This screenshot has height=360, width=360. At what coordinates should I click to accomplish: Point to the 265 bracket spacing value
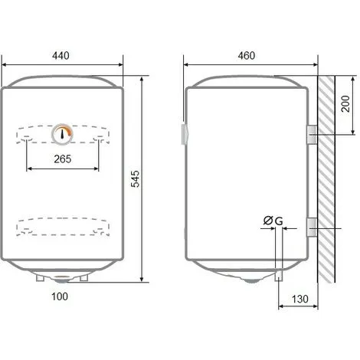coord(63,159)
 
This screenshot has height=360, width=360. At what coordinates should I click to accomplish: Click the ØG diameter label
coord(273,221)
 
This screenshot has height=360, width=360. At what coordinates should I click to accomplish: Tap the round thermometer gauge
coord(63,134)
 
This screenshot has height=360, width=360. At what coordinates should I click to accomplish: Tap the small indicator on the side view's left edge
coord(185,133)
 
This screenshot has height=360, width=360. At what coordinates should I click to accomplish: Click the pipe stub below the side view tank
coord(280,274)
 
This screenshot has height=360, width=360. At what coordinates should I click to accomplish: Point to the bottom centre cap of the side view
coord(250,280)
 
